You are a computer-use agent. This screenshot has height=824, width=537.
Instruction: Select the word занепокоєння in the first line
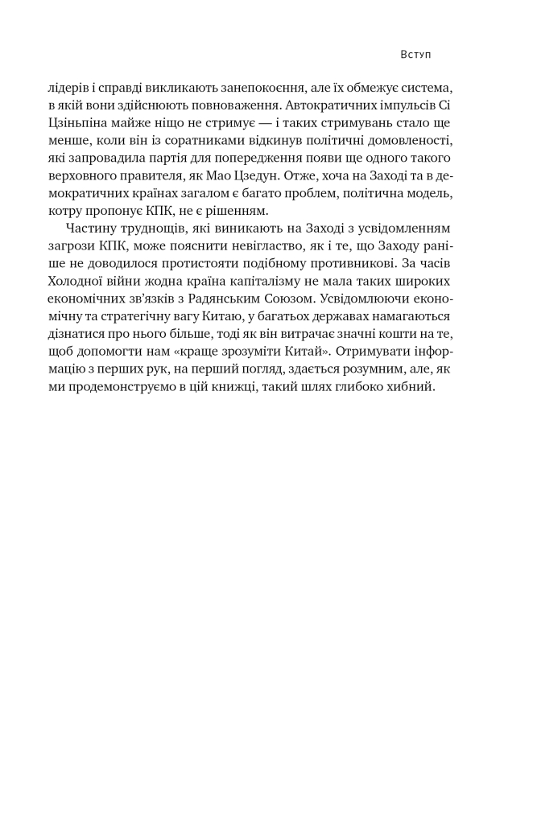tap(258, 88)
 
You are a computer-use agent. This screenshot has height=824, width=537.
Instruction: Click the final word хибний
tap(413, 389)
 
